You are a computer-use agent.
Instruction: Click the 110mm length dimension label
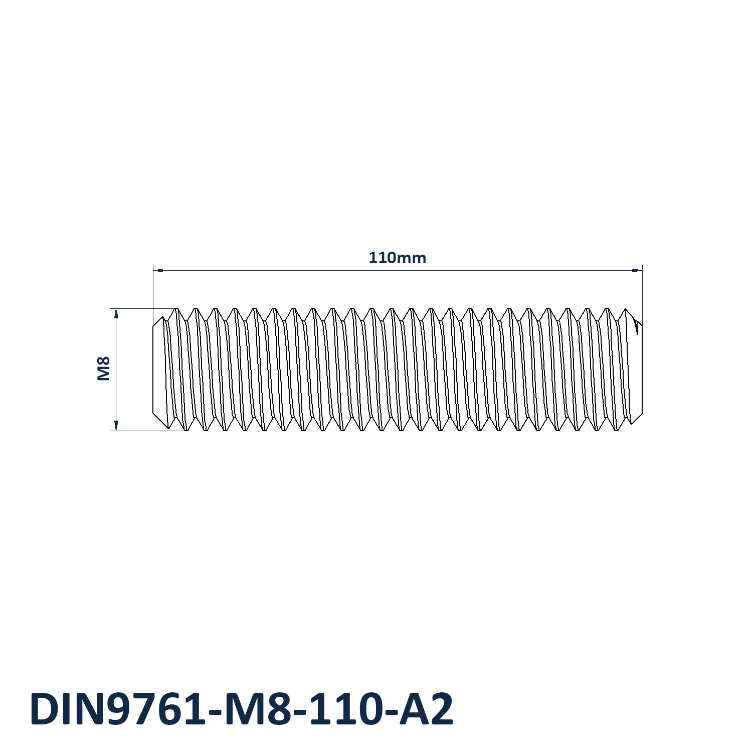[397, 258]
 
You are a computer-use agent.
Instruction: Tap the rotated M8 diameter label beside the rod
[103, 368]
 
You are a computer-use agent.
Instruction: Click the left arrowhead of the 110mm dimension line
[158, 270]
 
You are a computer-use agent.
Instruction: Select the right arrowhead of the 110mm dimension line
[637, 270]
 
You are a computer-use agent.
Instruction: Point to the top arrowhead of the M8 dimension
[116, 313]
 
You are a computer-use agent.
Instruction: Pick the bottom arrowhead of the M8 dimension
[116, 426]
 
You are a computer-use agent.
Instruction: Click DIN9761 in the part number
[118, 709]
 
